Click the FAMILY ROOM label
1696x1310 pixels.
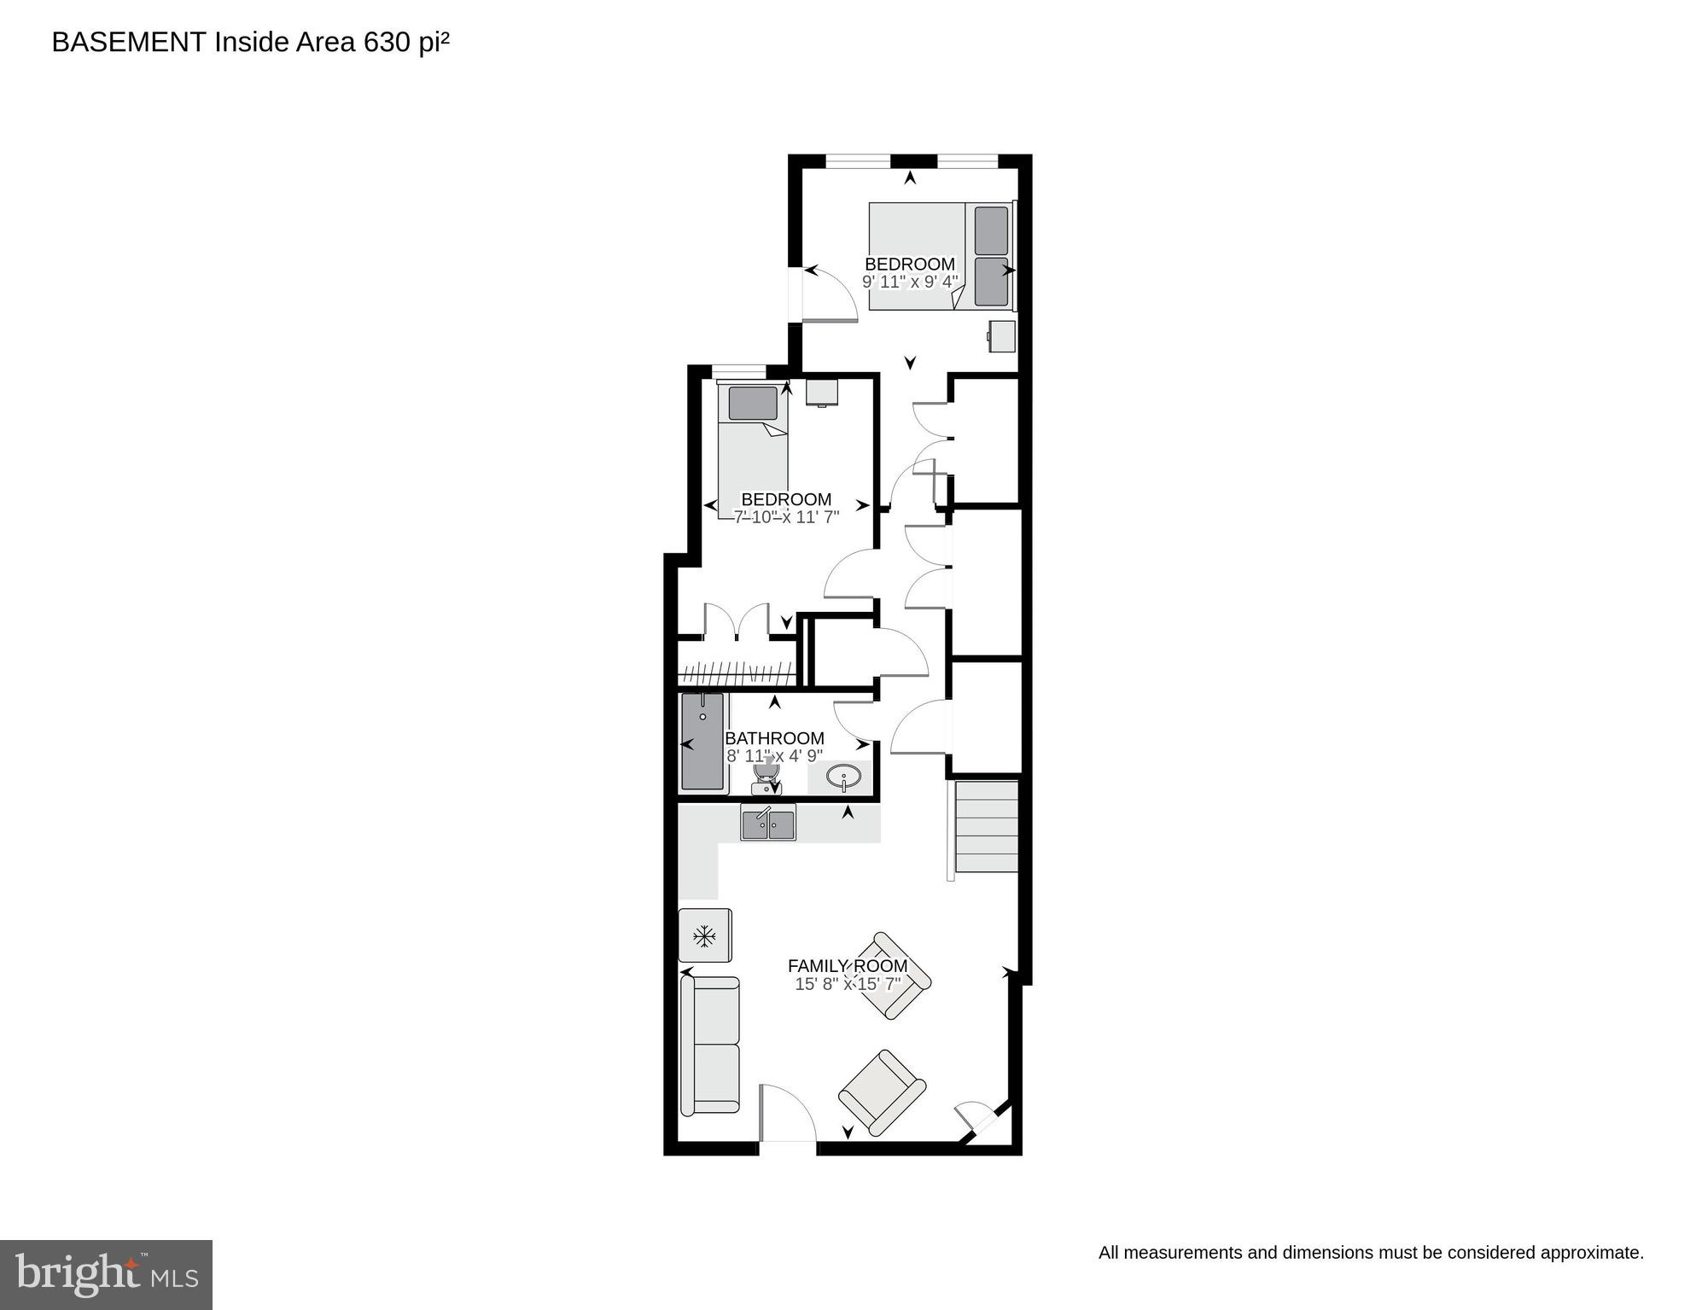click(x=847, y=966)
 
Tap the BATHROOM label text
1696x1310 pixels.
click(x=774, y=738)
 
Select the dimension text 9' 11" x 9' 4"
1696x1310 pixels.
click(x=910, y=282)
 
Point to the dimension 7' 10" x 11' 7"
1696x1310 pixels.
click(x=786, y=516)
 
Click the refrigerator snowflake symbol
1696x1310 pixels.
click(x=704, y=937)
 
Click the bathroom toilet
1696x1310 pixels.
click(x=766, y=775)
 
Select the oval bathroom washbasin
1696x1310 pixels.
click(x=844, y=777)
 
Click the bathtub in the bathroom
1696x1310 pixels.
click(x=702, y=741)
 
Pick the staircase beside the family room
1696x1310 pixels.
click(x=986, y=826)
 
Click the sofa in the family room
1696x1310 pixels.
click(x=709, y=1045)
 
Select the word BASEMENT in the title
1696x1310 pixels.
click(x=128, y=42)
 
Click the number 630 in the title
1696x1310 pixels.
click(x=387, y=42)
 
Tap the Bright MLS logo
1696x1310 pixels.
click(x=106, y=1274)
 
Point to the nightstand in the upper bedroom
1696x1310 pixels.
click(x=1002, y=335)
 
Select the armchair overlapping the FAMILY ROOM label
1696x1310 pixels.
click(x=892, y=975)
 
